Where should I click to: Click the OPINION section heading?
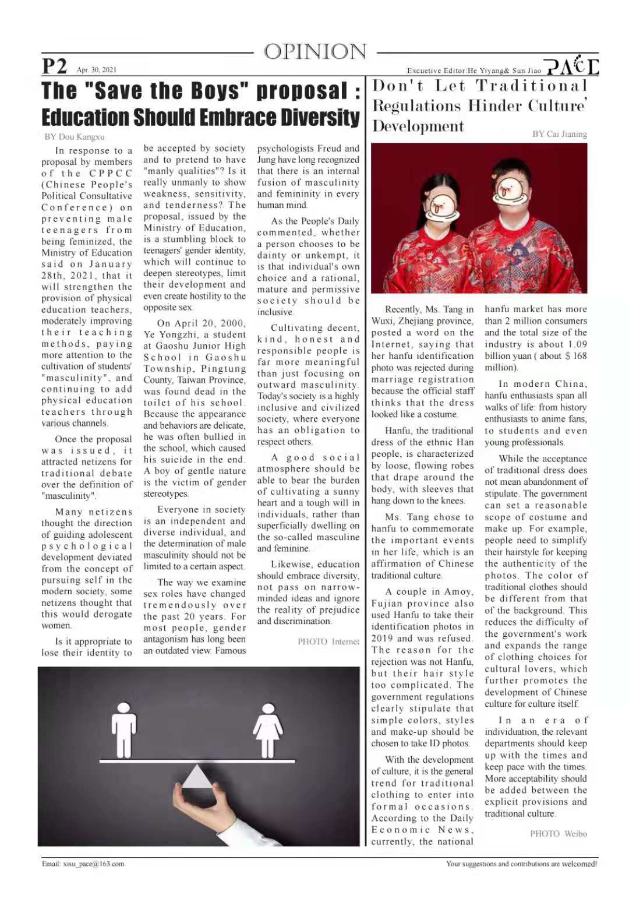click(315, 52)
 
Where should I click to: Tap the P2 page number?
click(54, 66)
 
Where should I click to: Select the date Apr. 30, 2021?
click(97, 70)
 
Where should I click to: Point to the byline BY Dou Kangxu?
click(75, 137)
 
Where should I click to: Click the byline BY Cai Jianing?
click(560, 134)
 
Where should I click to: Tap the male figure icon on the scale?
click(123, 729)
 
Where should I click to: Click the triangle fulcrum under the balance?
click(197, 777)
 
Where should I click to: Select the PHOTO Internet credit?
click(328, 641)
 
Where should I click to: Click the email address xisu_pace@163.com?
click(83, 863)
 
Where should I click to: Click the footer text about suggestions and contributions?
click(521, 863)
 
